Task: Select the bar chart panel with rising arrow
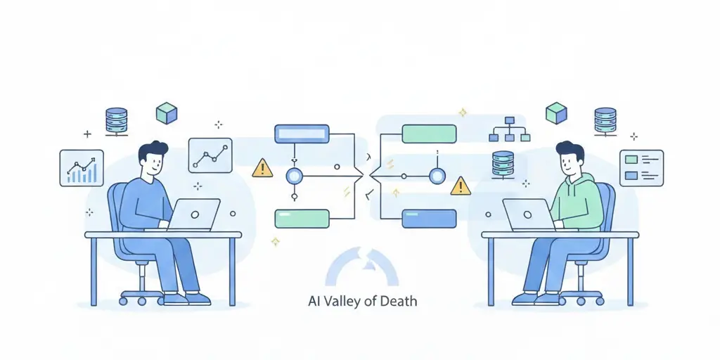click(82, 167)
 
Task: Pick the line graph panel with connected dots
click(210, 155)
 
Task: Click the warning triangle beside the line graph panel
click(262, 168)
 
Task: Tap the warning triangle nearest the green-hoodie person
click(461, 186)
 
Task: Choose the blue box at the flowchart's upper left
click(301, 132)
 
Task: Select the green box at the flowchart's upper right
click(428, 134)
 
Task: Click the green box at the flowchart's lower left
click(302, 219)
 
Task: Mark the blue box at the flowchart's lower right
click(428, 219)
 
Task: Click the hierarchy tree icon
click(509, 129)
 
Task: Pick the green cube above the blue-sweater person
click(167, 112)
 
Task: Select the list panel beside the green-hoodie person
click(641, 167)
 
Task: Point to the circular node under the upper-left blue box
click(295, 176)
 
